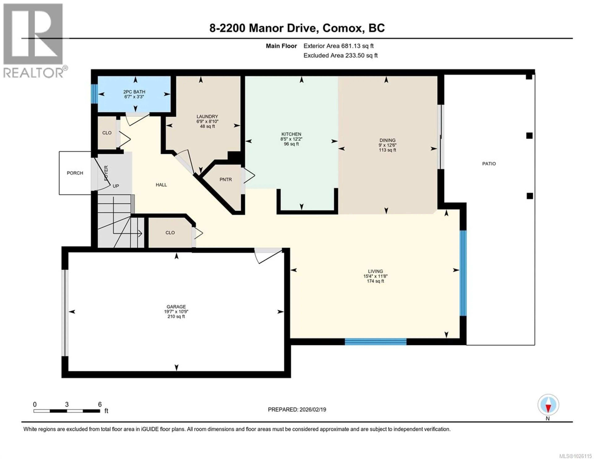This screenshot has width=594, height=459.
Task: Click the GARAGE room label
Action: pos(176,307)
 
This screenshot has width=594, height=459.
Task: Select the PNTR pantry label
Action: pos(226,180)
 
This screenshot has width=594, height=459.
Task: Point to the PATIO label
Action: pos(489,164)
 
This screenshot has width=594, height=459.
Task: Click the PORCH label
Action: pos(75,173)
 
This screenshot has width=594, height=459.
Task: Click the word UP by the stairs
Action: pos(116,186)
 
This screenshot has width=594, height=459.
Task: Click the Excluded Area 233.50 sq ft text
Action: pos(340,56)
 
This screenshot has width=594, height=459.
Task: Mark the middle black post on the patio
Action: pos(529,136)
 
